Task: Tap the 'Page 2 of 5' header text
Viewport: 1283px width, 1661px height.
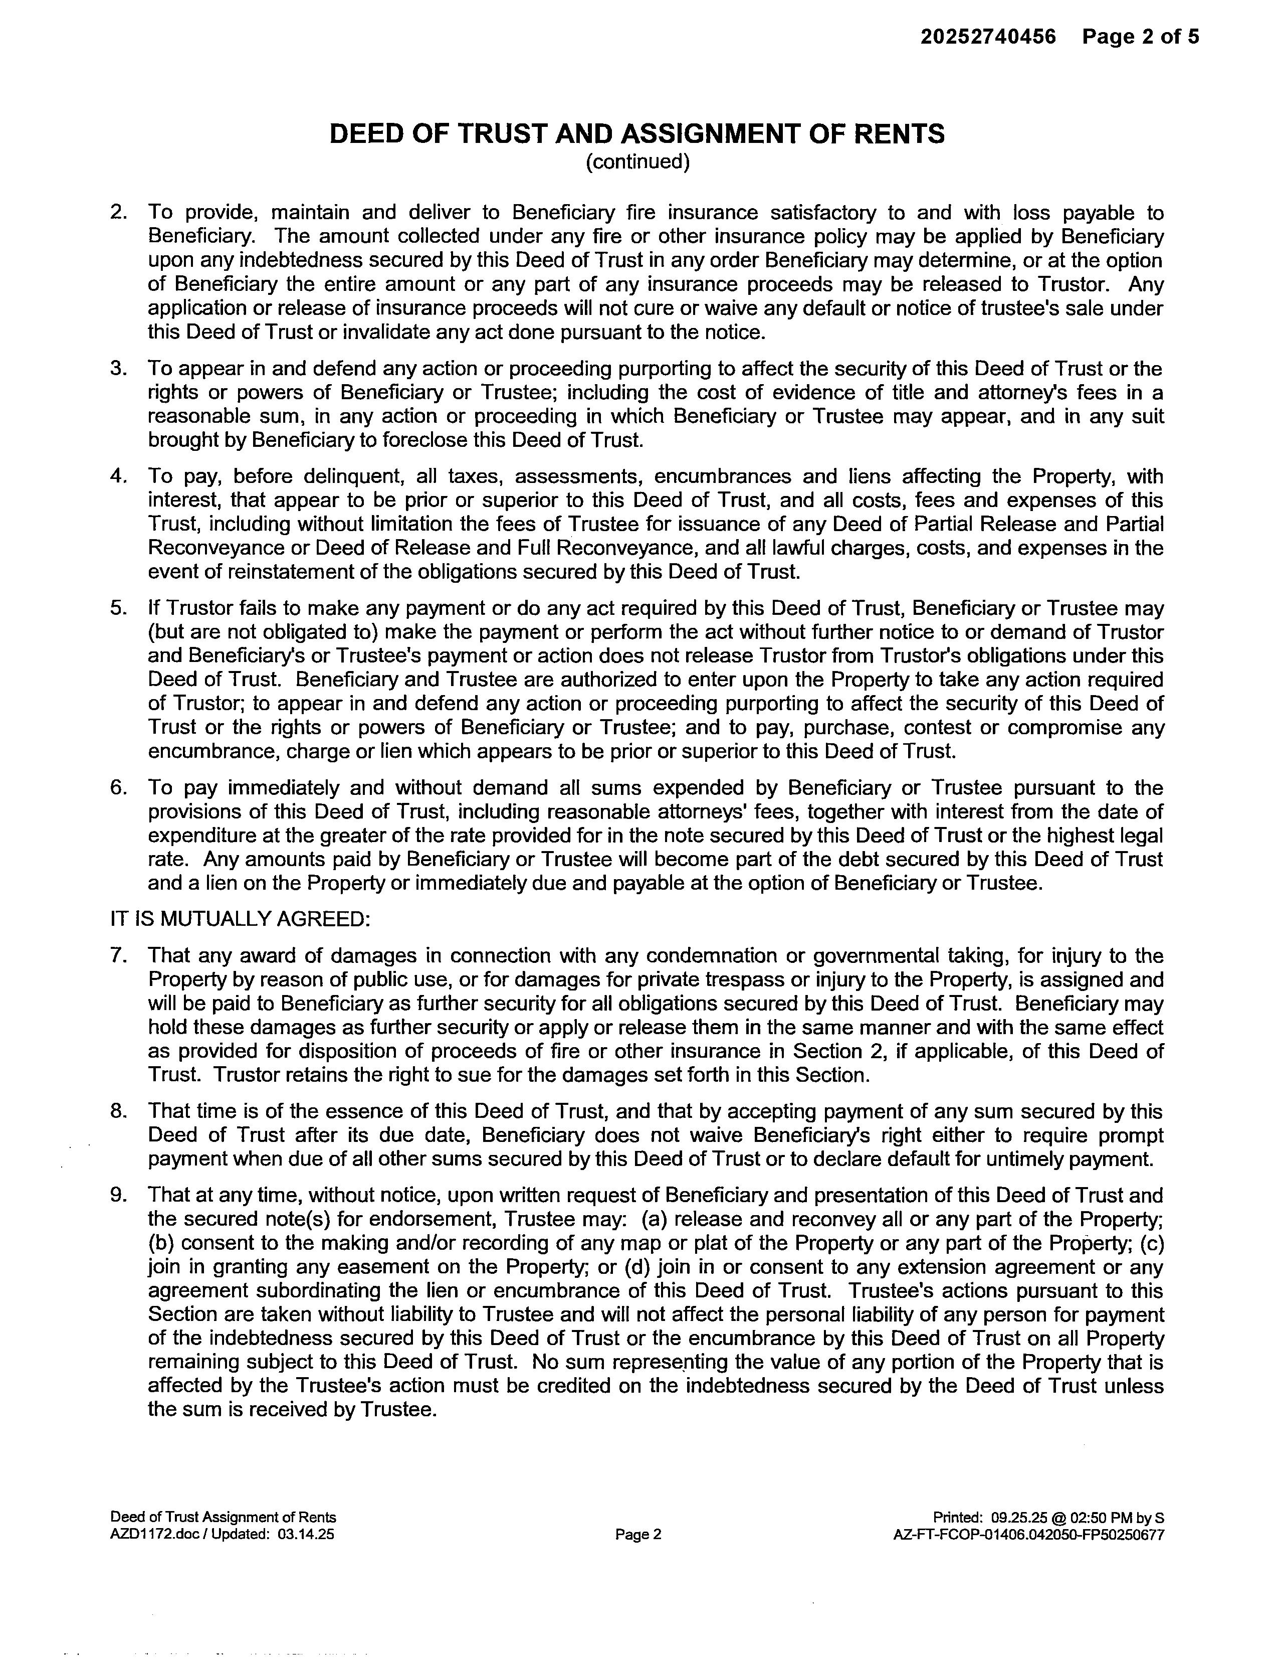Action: click(x=1140, y=37)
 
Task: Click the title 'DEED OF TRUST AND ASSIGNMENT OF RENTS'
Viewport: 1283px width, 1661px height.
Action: click(x=637, y=134)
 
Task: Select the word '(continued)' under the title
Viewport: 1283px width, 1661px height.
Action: click(x=637, y=162)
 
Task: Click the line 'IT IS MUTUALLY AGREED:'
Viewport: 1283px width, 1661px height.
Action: click(x=240, y=919)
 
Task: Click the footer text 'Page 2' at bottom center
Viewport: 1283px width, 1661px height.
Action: click(x=637, y=1535)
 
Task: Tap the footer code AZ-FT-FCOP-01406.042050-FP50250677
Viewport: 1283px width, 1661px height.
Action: click(x=1028, y=1535)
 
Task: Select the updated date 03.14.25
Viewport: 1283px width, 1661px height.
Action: click(x=306, y=1535)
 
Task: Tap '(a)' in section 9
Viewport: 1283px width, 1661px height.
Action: click(x=655, y=1220)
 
